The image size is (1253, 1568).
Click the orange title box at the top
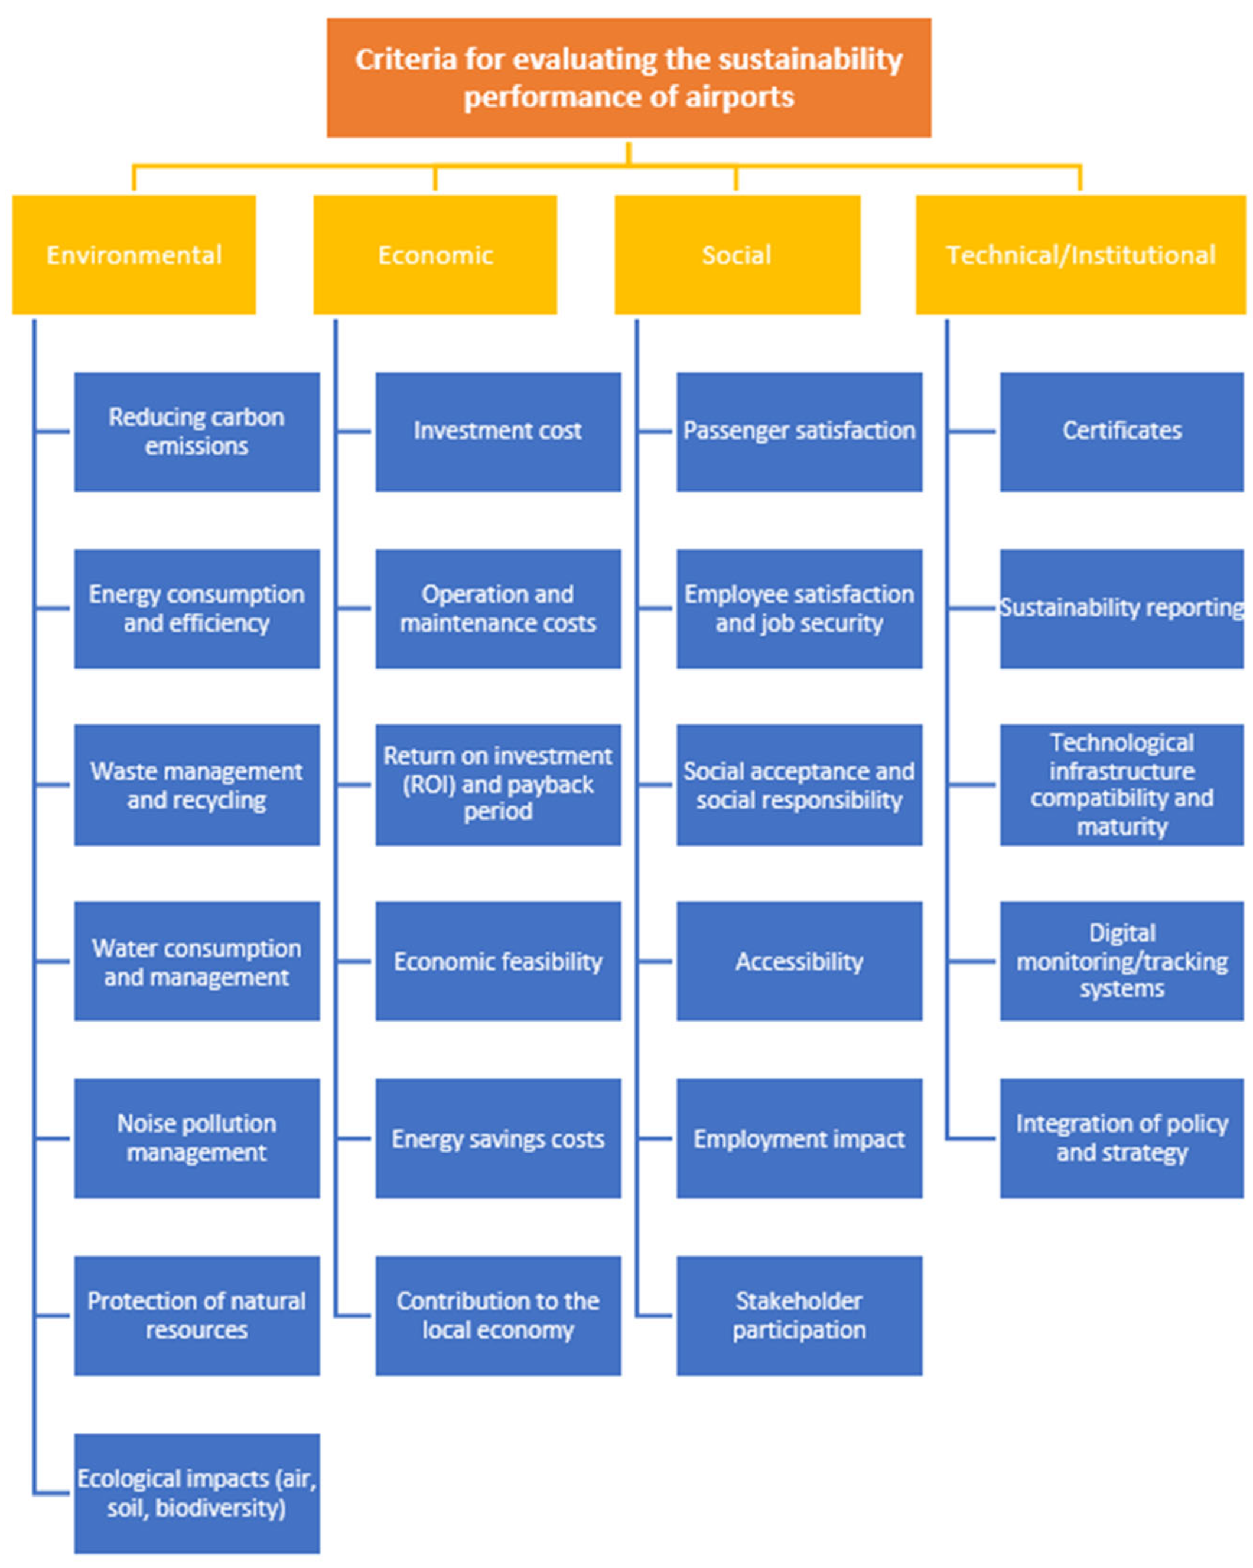click(629, 78)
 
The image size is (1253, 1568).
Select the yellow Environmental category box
click(134, 255)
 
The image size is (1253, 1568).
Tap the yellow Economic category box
click(435, 255)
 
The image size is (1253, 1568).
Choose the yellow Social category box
click(737, 255)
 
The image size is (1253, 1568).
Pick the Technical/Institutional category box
click(1080, 255)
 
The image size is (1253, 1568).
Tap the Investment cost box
click(498, 432)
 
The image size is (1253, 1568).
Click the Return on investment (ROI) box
click(498, 785)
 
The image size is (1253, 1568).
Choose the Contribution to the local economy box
click(498, 1316)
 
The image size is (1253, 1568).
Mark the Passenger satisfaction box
click(799, 432)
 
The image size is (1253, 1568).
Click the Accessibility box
click(799, 961)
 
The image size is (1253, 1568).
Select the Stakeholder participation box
click(799, 1316)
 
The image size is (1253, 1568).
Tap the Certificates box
click(1121, 432)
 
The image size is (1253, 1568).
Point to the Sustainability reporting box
click(1121, 609)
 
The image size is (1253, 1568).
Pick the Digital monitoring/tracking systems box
click(1121, 961)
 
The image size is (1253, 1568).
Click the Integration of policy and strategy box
click(1121, 1138)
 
